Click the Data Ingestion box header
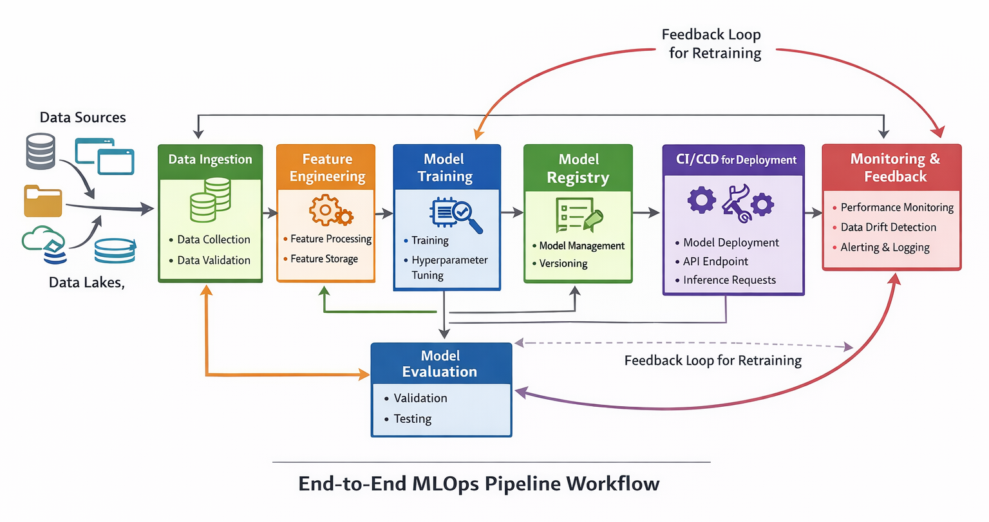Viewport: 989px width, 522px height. tap(210, 160)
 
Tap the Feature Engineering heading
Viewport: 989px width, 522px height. tap(326, 167)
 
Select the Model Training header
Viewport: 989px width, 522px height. tap(445, 167)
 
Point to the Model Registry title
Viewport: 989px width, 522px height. tap(578, 168)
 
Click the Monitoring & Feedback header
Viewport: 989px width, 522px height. tap(894, 167)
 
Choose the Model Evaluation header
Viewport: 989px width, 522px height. tap(440, 364)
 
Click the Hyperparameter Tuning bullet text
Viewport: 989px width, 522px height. tap(449, 267)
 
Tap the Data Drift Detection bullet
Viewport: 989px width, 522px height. tap(888, 227)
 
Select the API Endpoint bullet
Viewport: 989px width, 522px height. tap(715, 261)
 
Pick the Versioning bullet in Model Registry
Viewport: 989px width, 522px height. tap(563, 263)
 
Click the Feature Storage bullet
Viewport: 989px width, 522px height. tap(324, 259)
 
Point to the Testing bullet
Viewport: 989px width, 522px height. tap(413, 419)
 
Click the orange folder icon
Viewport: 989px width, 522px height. tap(43, 201)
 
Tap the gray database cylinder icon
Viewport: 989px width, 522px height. tap(40, 151)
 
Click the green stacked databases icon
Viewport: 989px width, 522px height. tap(211, 200)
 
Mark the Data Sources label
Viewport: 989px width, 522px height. tap(82, 117)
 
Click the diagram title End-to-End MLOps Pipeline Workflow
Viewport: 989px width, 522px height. tap(478, 483)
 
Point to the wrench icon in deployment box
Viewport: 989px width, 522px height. tap(736, 203)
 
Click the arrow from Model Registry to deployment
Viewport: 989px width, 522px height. tap(646, 212)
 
